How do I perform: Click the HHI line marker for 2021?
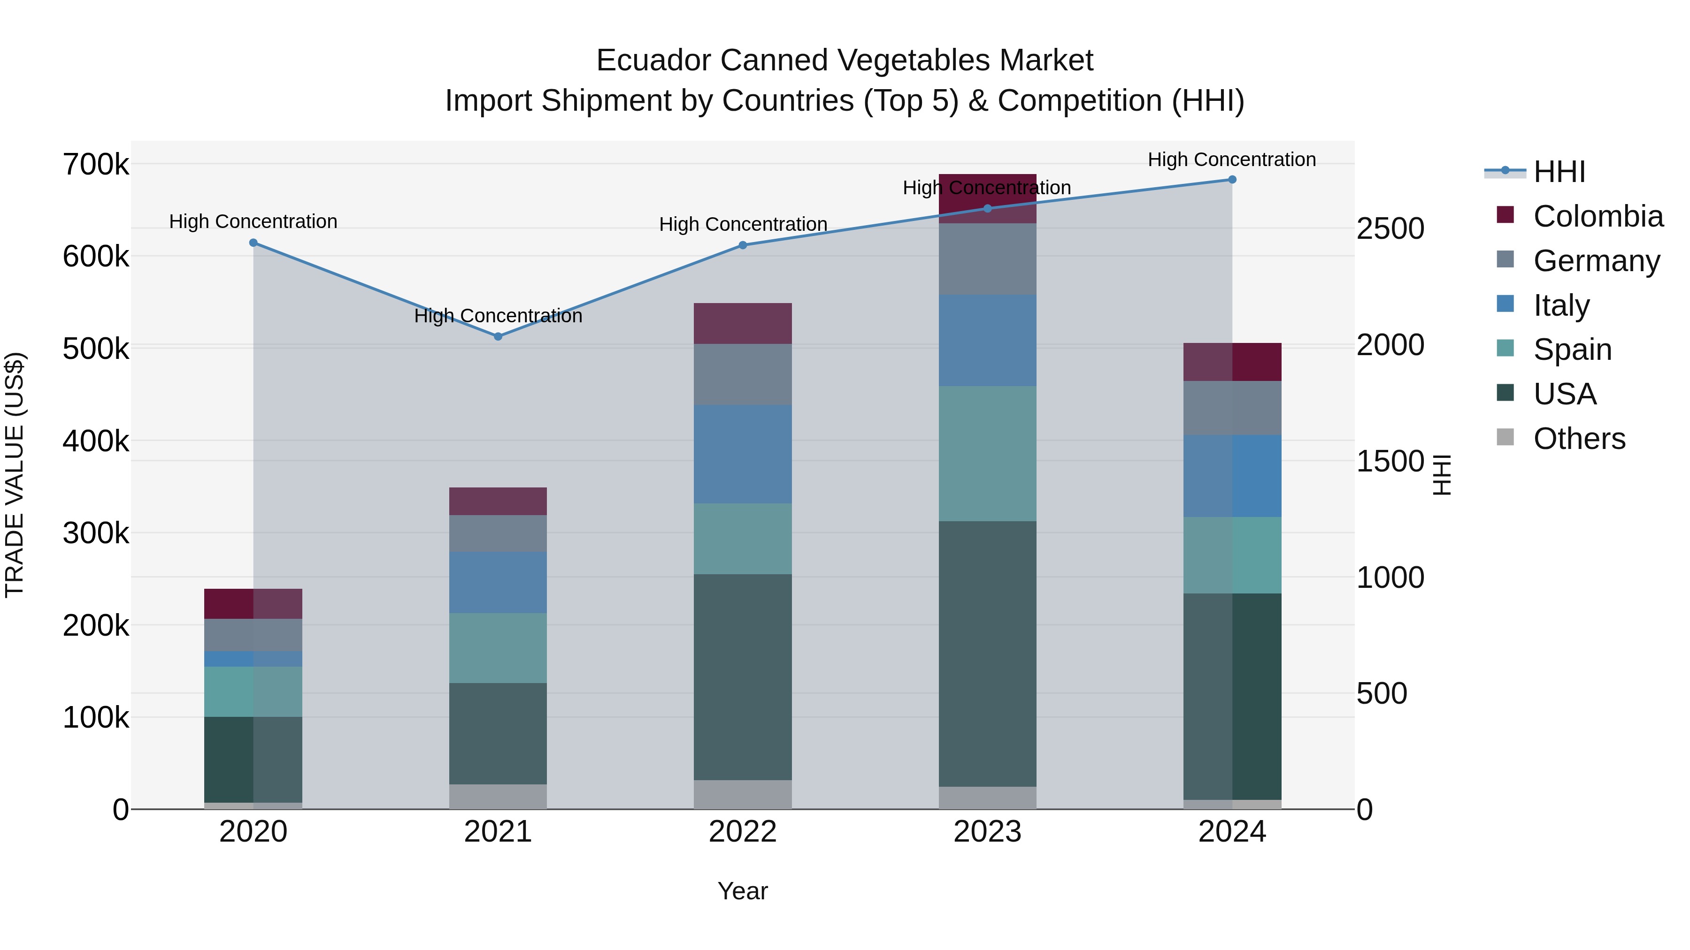point(498,336)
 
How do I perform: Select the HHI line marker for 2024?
point(1232,180)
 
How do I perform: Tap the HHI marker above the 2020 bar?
point(253,243)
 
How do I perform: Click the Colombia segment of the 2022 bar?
point(743,323)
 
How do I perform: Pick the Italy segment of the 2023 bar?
point(987,340)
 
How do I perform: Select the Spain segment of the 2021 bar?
point(498,648)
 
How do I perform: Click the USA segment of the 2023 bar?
point(987,654)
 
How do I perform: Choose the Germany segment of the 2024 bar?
point(1232,408)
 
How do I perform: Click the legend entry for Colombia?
point(1598,216)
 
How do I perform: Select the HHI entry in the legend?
point(1559,172)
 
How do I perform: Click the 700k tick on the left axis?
point(96,165)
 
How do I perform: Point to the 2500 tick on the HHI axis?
point(1390,229)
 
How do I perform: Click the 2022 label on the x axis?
point(743,832)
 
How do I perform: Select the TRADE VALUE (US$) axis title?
point(15,475)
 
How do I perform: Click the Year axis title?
point(743,891)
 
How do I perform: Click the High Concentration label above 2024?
point(1231,160)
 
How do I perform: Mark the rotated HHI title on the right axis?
point(1441,475)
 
